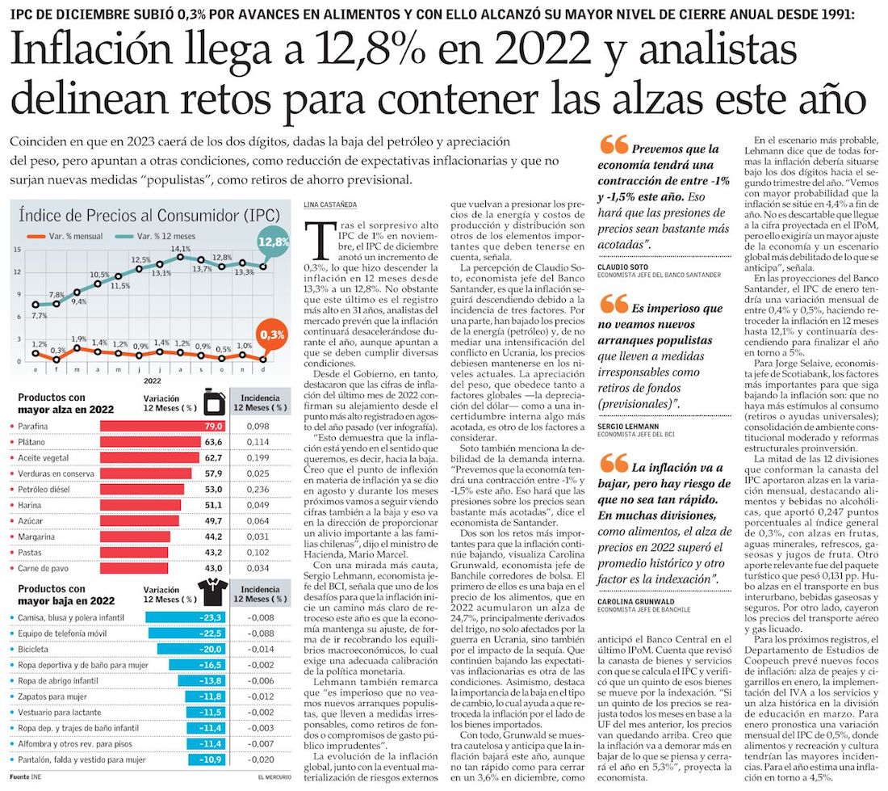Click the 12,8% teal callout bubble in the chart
pyautogui.click(x=273, y=242)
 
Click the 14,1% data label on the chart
pyautogui.click(x=180, y=249)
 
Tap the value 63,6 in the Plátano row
pyautogui.click(x=213, y=442)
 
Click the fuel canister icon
pyautogui.click(x=212, y=402)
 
